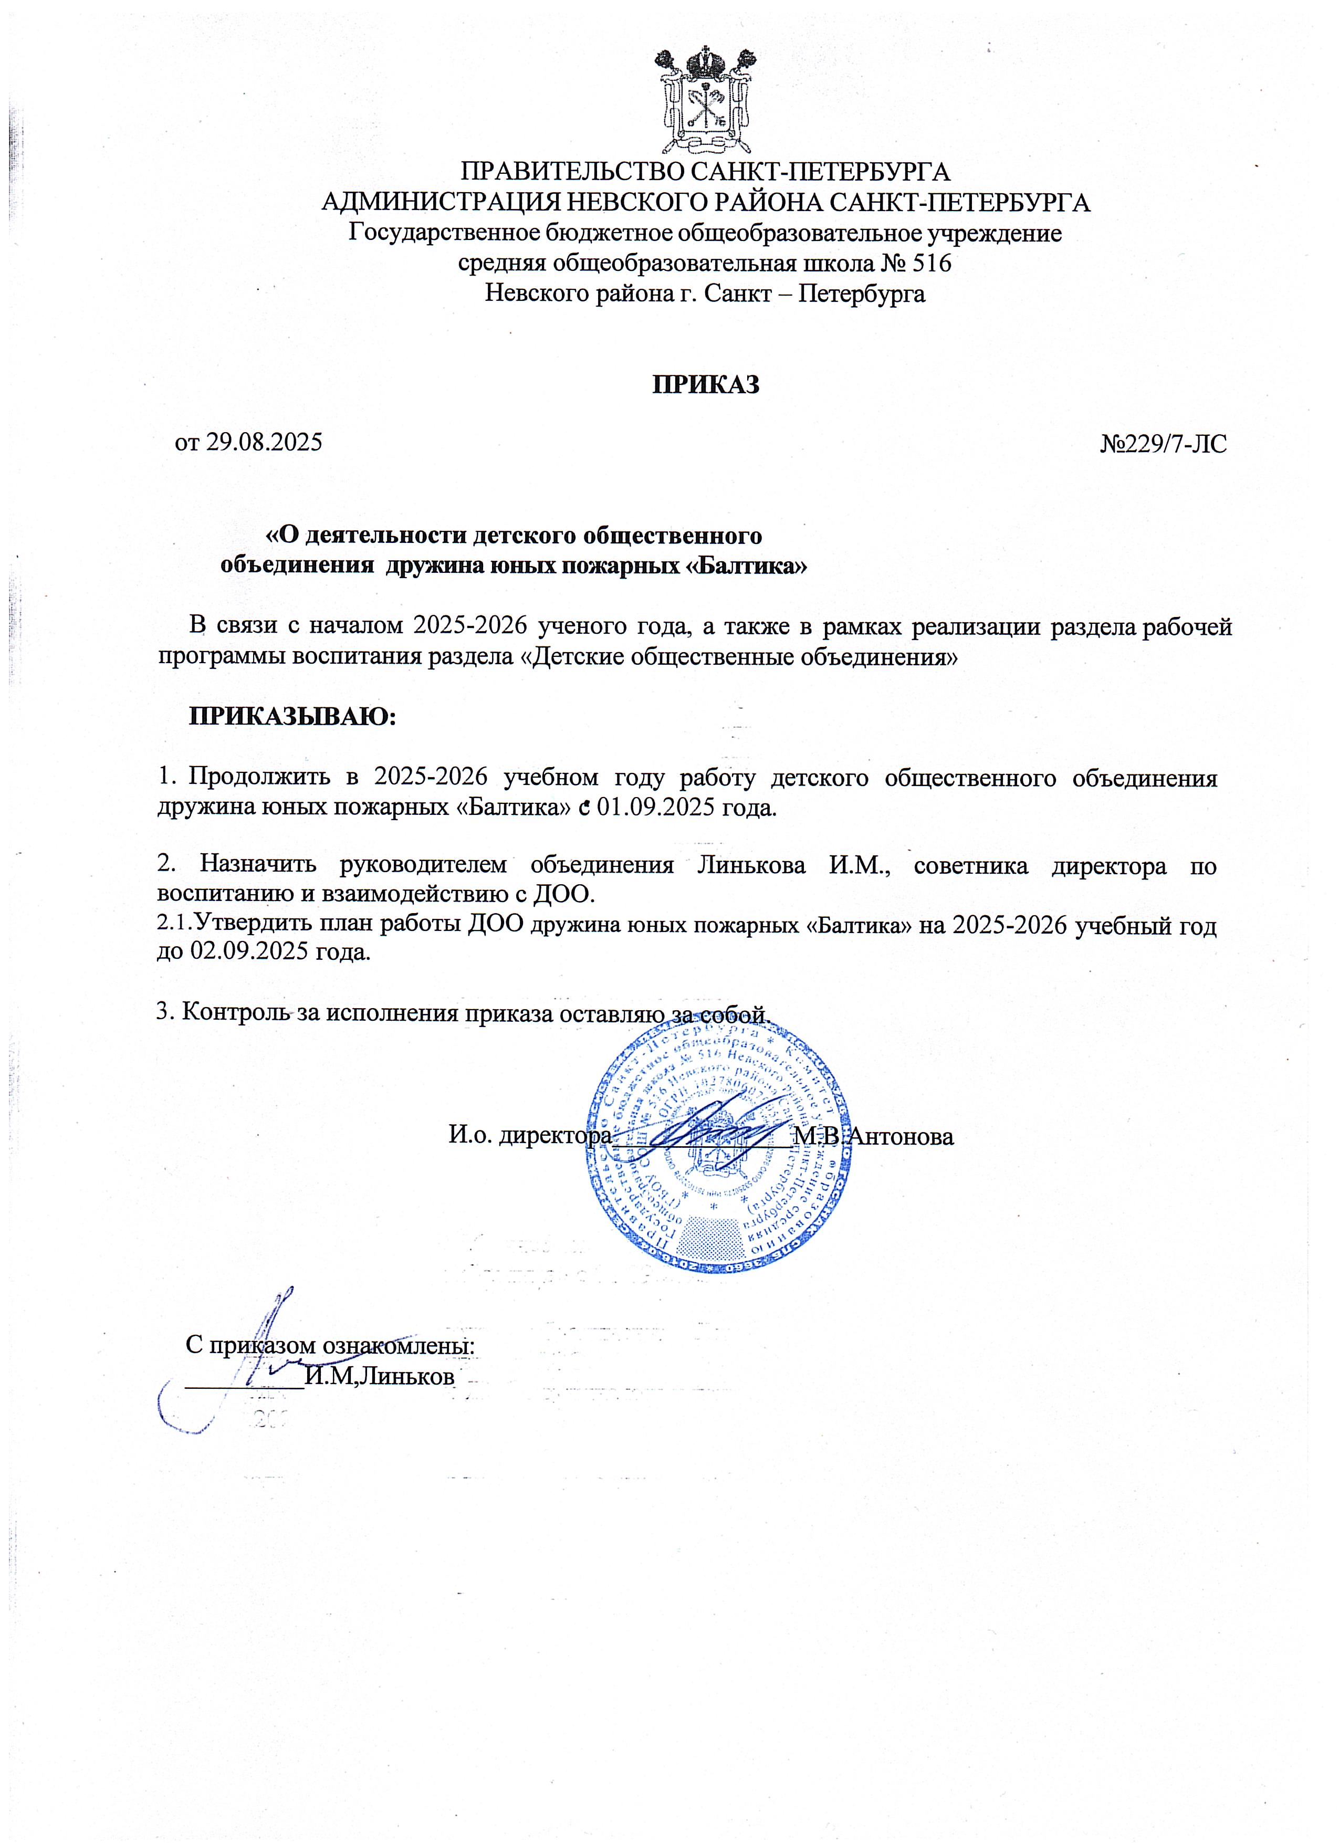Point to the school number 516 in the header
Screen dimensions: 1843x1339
(931, 263)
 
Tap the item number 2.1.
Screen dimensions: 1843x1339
(174, 925)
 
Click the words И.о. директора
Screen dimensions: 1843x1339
(530, 1135)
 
